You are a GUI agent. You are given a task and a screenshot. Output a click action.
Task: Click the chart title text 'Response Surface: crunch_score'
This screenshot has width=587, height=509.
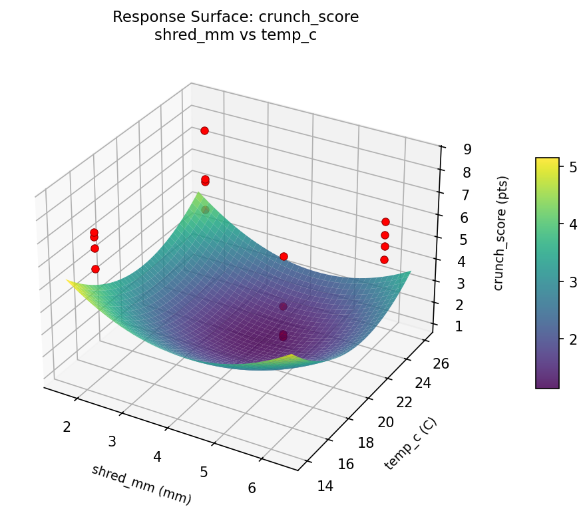coord(236,17)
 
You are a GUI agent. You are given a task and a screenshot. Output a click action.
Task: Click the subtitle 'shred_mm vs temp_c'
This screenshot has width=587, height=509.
coord(236,35)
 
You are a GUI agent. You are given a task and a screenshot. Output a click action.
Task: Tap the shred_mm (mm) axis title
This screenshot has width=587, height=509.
coord(141,484)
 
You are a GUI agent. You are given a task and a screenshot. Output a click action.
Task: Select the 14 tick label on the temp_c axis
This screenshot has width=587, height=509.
coord(325,486)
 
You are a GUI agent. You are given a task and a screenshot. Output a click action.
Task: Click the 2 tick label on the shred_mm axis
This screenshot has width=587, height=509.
coord(67,427)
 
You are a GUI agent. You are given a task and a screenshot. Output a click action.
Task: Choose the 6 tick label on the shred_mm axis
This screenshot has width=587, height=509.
coord(252,488)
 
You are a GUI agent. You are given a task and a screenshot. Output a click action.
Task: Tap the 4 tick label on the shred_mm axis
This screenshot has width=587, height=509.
coord(157,456)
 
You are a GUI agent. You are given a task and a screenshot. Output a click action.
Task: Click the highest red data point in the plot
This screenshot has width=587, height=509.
coord(204,130)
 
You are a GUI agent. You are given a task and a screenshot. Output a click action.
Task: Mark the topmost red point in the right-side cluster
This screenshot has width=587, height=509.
coord(385,222)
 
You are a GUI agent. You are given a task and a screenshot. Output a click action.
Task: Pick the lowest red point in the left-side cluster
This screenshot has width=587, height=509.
coord(95,269)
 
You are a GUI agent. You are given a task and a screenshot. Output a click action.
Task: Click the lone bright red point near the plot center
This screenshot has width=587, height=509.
coord(284,256)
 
